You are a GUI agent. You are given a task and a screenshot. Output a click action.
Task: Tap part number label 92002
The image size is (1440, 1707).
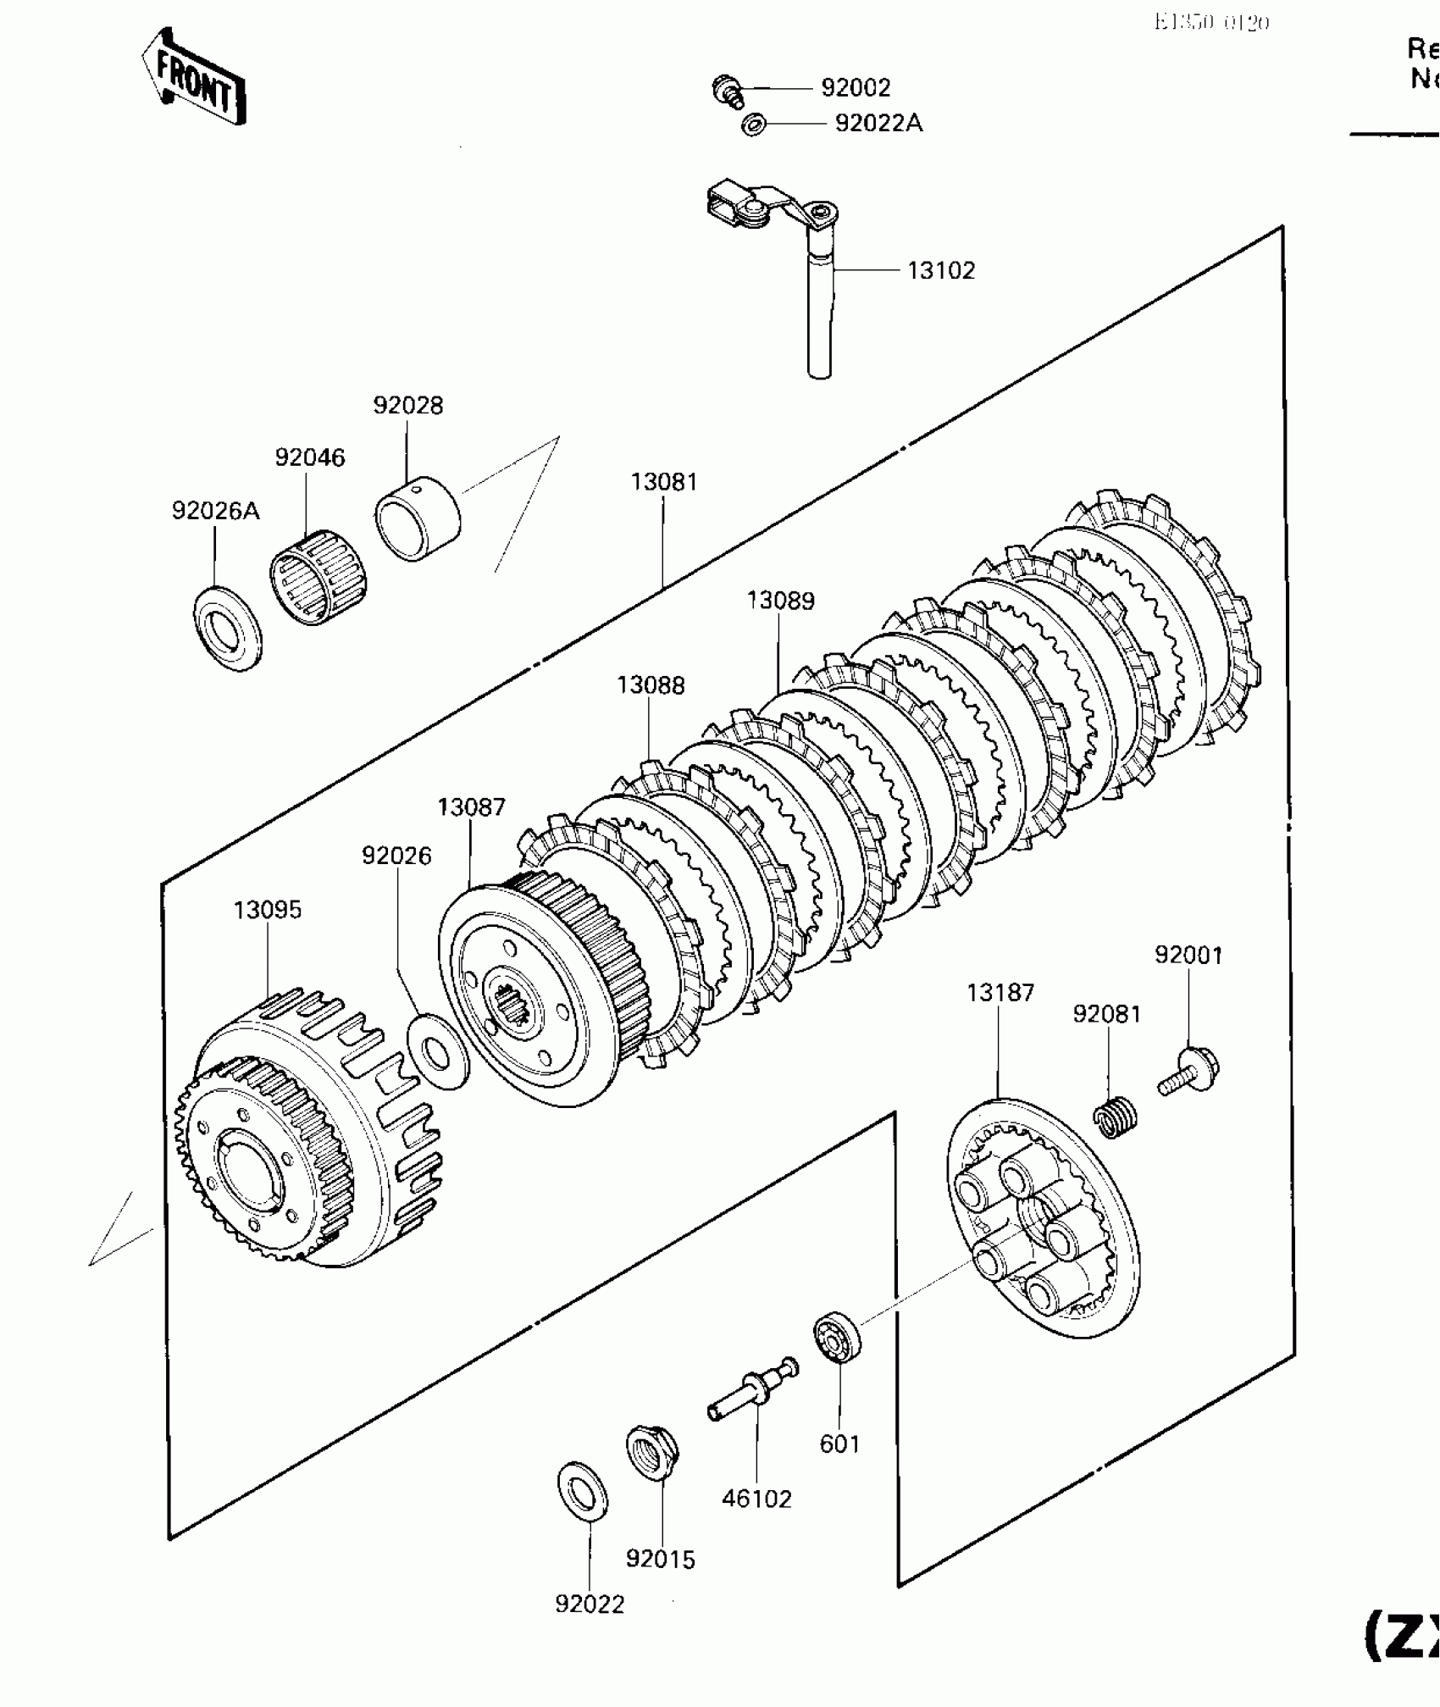click(856, 88)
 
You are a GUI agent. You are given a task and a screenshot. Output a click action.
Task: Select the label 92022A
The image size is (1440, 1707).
click(878, 124)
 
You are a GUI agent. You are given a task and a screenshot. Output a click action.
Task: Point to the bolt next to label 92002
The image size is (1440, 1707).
click(727, 90)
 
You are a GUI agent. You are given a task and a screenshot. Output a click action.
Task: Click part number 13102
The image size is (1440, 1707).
click(941, 271)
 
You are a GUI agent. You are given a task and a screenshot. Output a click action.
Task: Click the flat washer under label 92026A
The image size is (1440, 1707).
click(229, 628)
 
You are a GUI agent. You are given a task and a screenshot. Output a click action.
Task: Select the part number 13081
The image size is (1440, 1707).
click(663, 482)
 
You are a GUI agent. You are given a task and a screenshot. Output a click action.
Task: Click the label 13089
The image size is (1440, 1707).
click(780, 601)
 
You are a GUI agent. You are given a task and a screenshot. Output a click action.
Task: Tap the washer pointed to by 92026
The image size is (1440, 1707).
click(438, 1050)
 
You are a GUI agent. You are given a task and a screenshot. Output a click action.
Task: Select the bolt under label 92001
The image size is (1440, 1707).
click(1188, 1071)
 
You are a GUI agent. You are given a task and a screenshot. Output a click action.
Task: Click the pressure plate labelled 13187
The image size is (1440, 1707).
click(1043, 1220)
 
